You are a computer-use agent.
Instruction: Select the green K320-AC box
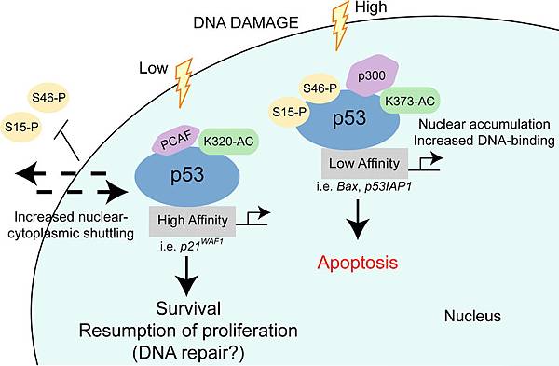pyautogui.click(x=226, y=141)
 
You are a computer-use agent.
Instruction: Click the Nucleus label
pyautogui.click(x=471, y=316)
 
